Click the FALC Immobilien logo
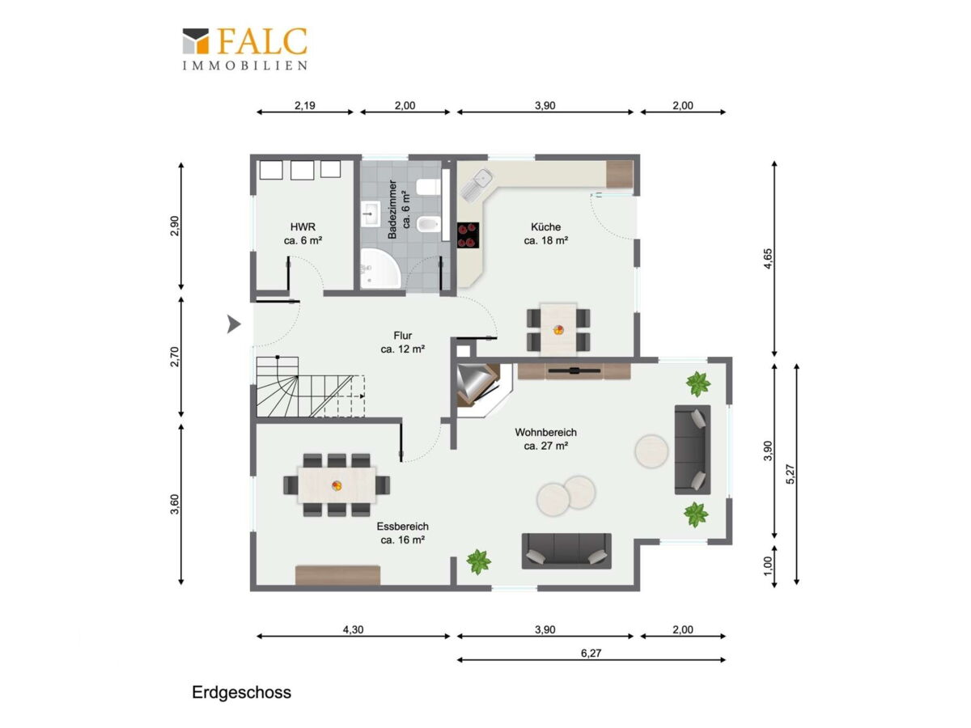tap(244, 49)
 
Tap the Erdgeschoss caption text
tap(241, 692)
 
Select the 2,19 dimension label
tap(305, 106)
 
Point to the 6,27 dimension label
tap(591, 654)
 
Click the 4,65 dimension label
tap(768, 259)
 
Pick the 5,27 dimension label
tap(790, 474)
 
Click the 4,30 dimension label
tap(353, 629)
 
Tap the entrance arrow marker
tap(234, 324)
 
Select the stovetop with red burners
tap(468, 235)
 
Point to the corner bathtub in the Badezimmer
tap(380, 269)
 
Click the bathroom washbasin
tap(371, 214)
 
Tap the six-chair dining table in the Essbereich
tap(337, 485)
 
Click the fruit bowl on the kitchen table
tap(558, 330)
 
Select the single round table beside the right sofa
tap(651, 451)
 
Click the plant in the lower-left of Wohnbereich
tap(478, 561)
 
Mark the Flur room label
tap(402, 342)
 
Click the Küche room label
tap(545, 234)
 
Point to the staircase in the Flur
tap(311, 387)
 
